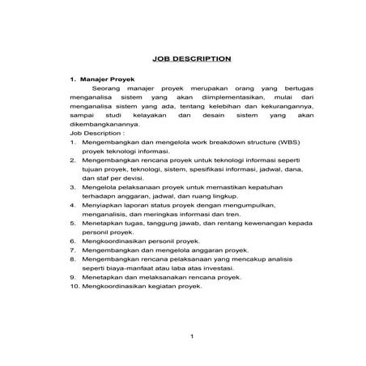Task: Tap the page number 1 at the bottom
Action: [191, 336]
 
